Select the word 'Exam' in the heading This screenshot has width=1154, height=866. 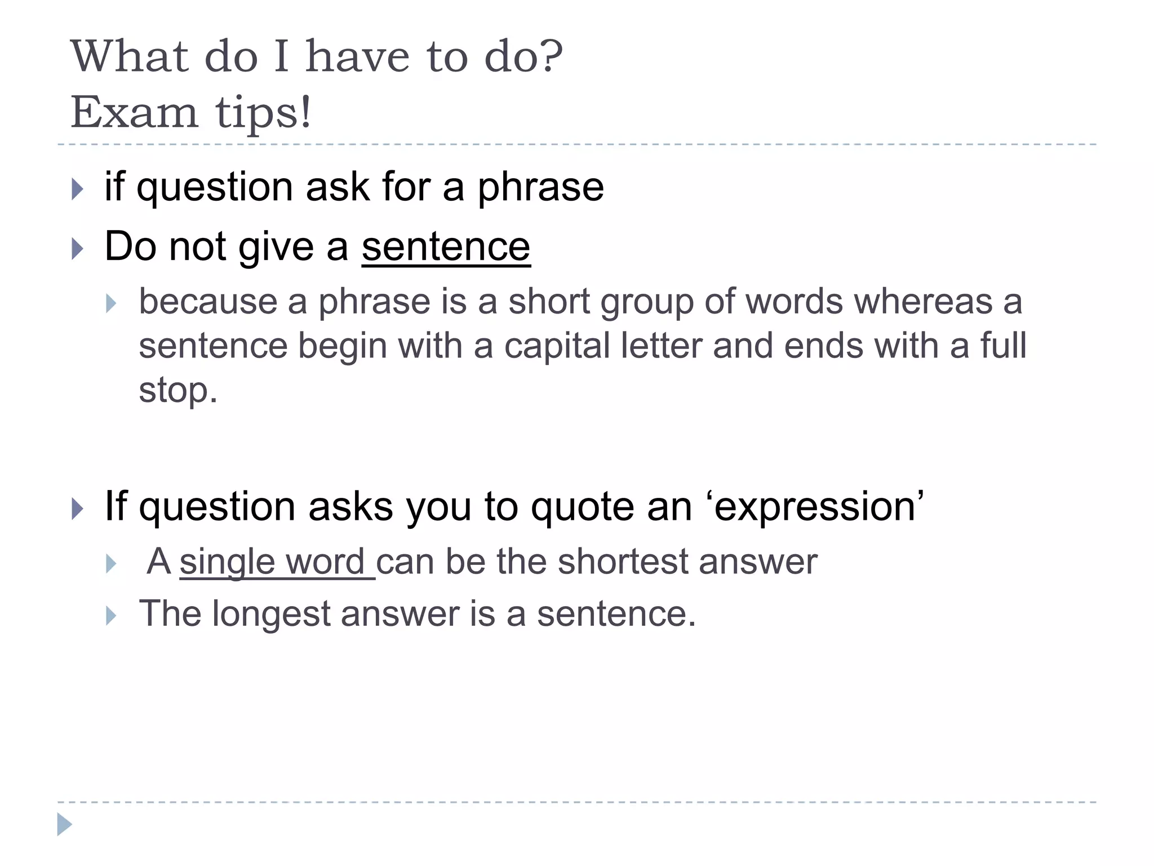pyautogui.click(x=135, y=112)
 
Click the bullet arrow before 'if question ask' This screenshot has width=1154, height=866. pyautogui.click(x=78, y=189)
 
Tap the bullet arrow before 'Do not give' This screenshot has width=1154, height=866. pyautogui.click(x=78, y=249)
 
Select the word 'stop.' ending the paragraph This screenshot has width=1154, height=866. pyautogui.click(x=178, y=390)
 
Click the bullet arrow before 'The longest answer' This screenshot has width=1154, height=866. pyautogui.click(x=111, y=616)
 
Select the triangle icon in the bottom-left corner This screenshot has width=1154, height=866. pyautogui.click(x=64, y=824)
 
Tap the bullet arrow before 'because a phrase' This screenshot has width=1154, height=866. pyautogui.click(x=111, y=304)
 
